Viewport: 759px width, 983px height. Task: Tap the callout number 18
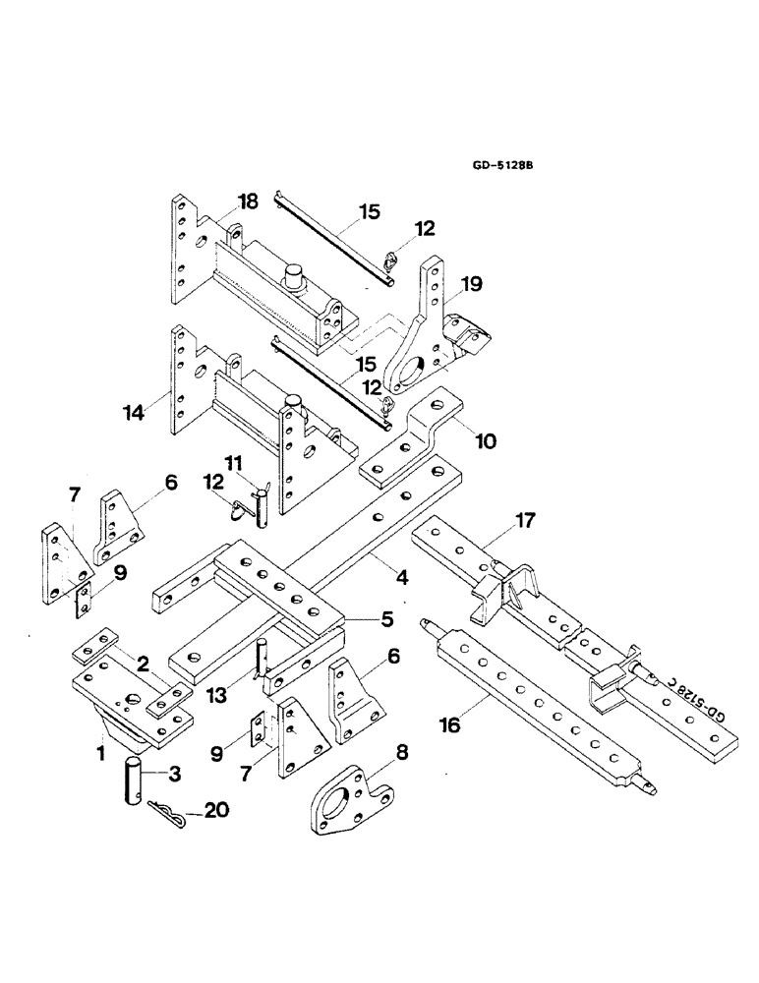point(247,202)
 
